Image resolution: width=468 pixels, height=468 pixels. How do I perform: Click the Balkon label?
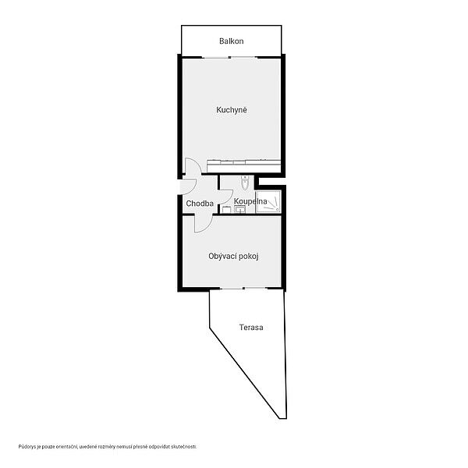[x=232, y=41]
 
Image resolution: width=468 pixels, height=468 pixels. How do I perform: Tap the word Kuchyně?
[x=232, y=110]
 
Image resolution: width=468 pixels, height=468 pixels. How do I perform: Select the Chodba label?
[x=200, y=204]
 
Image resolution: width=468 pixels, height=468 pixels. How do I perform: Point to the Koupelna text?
[x=250, y=201]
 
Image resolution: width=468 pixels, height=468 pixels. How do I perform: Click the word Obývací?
[x=222, y=257]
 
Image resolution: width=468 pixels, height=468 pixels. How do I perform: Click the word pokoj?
[x=248, y=257]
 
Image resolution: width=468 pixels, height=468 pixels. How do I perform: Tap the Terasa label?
[x=251, y=328]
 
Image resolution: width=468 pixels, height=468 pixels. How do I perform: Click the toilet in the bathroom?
[x=245, y=183]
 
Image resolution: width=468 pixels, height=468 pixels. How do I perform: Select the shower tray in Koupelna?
[x=268, y=201]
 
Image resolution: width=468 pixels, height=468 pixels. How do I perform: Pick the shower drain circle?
[x=277, y=210]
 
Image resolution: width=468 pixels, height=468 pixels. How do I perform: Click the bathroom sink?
[x=240, y=209]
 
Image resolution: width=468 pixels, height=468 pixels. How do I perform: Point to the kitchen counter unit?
[x=243, y=166]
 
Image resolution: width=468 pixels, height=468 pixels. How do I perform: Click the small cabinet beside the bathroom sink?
[x=227, y=210]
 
